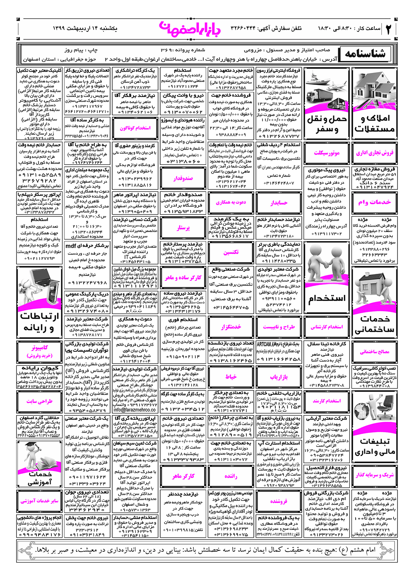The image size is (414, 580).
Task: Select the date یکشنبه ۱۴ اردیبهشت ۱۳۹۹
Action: pyautogui.click(x=85, y=29)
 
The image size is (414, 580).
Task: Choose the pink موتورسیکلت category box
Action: pyautogui.click(x=327, y=153)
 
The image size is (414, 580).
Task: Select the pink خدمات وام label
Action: pyautogui.click(x=375, y=202)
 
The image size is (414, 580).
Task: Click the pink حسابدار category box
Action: pyautogui.click(x=279, y=203)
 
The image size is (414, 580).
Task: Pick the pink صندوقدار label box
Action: pyautogui.click(x=183, y=179)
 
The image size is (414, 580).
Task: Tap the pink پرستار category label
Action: pyautogui.click(x=183, y=228)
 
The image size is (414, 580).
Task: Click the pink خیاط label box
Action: pyautogui.click(x=231, y=377)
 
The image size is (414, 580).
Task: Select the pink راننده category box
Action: pyautogui.click(x=231, y=476)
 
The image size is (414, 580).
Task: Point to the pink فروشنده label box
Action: pyautogui.click(x=279, y=501)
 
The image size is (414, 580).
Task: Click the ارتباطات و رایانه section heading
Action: pyautogui.click(x=40, y=321)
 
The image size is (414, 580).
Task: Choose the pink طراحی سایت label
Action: pyautogui.click(x=40, y=401)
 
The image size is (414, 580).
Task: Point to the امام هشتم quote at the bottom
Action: pyautogui.click(x=207, y=550)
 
